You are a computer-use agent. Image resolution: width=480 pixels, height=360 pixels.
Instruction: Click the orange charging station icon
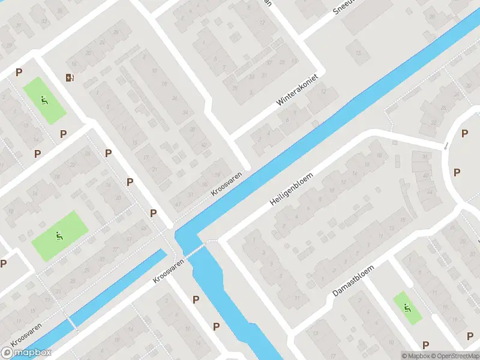pos(70,77)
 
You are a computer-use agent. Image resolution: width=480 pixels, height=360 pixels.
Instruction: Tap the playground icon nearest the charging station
pos(44,100)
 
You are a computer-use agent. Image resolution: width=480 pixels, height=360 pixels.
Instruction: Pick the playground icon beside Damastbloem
pos(407,308)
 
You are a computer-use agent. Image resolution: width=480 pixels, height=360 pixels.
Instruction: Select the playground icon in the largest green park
pos(59,236)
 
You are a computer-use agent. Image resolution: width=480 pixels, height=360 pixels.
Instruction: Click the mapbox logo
pos(26,353)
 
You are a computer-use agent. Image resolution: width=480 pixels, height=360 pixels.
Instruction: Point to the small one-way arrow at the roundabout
pos(445,145)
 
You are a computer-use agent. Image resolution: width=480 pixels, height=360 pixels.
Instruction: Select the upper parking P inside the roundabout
pos(464,134)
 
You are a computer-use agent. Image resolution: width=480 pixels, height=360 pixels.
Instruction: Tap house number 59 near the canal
pos(217,174)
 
